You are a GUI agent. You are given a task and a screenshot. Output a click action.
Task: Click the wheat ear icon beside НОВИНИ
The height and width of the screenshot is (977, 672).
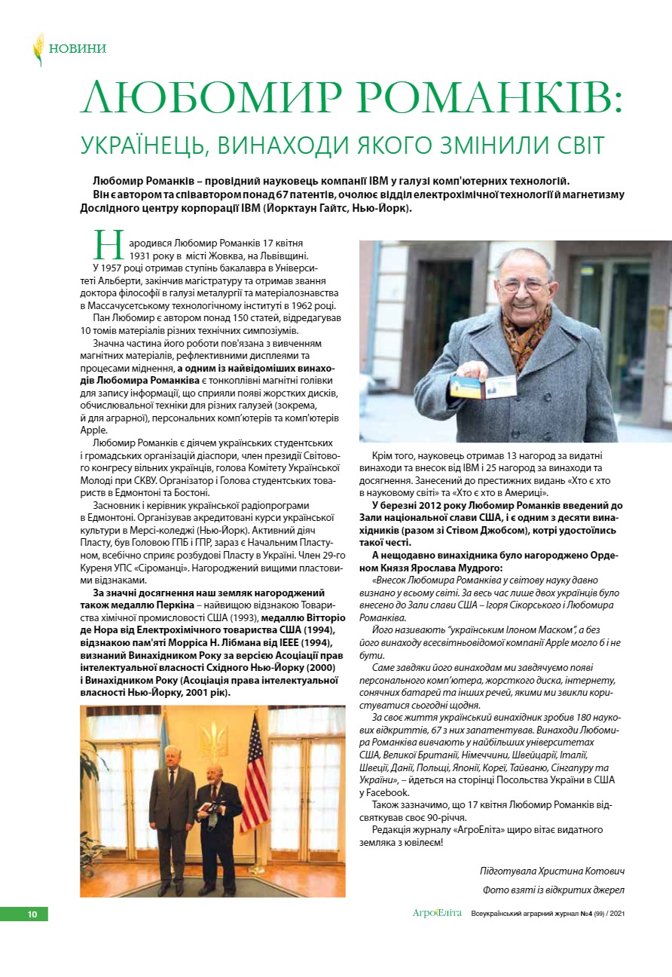click(x=38, y=49)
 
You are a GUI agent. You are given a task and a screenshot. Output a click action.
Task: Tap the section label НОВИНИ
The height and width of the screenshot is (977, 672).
click(x=77, y=49)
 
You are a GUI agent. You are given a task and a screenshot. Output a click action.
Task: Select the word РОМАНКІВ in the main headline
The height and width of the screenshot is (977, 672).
click(x=486, y=97)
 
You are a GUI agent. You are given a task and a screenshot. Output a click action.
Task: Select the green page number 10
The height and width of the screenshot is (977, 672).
click(x=32, y=914)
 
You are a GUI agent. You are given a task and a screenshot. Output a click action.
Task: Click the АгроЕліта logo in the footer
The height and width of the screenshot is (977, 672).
click(x=437, y=914)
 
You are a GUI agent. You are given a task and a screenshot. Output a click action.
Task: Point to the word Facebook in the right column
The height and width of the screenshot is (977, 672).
click(x=390, y=792)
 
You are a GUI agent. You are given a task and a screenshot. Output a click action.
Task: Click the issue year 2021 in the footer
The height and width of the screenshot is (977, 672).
click(x=617, y=914)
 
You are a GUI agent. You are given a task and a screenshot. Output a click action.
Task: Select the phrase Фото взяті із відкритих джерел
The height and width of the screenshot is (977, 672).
click(x=553, y=890)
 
